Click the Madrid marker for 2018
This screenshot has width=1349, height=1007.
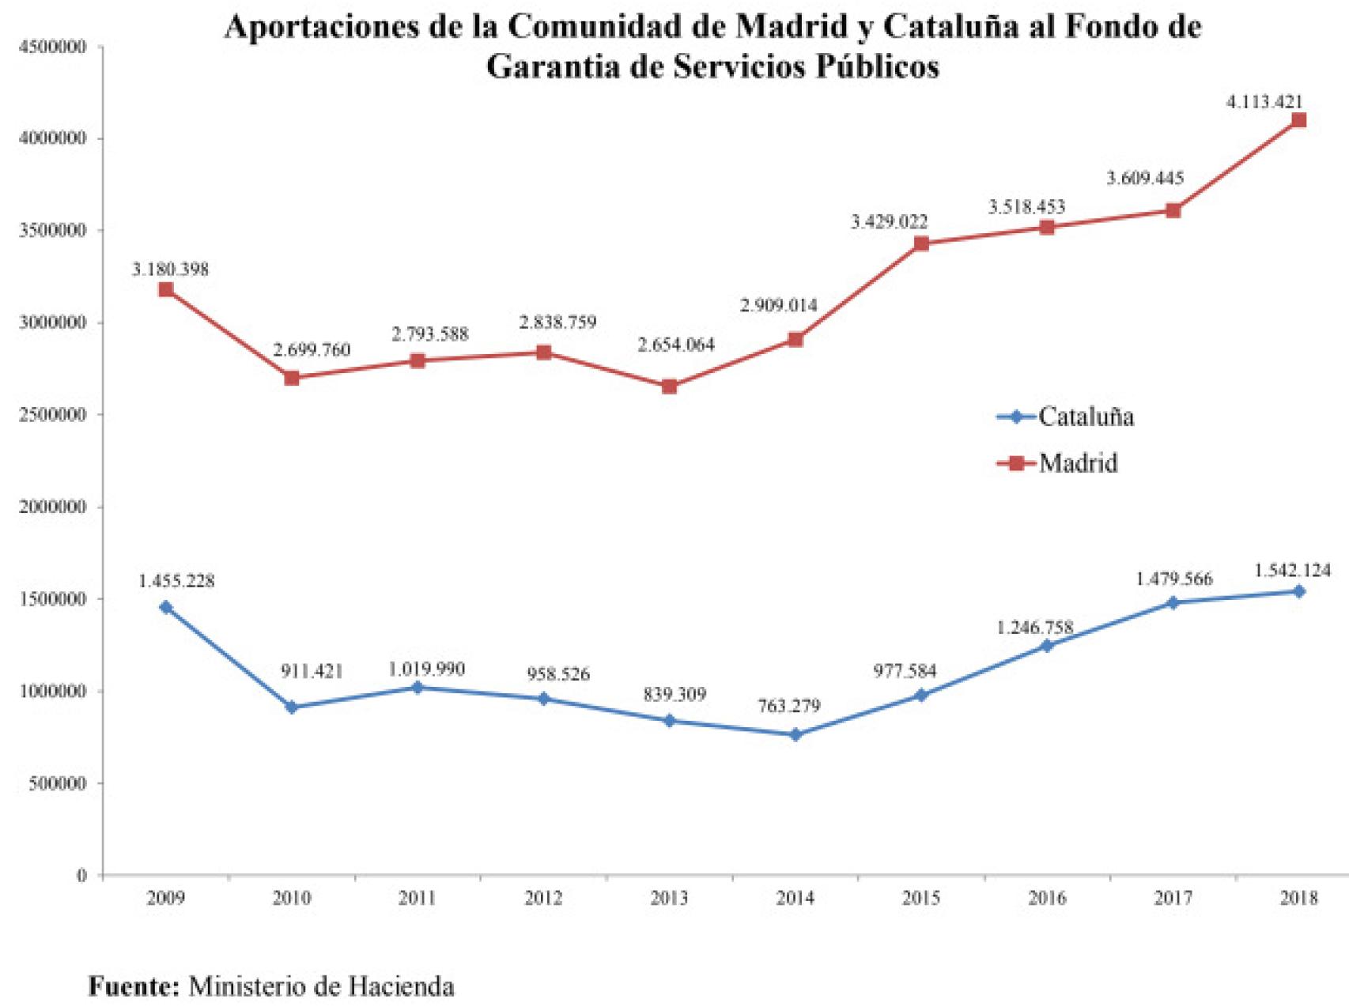pos(1298,120)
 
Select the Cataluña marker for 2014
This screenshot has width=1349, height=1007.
pos(795,735)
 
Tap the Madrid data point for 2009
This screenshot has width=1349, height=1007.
pos(166,290)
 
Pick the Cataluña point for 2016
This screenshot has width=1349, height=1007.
pos(1047,646)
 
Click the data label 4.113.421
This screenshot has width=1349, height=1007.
pos(1264,101)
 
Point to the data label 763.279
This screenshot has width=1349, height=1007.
pos(789,706)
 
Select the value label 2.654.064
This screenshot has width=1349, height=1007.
pos(676,345)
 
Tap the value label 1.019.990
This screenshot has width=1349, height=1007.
pos(427,669)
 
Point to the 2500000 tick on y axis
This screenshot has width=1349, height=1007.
pos(52,415)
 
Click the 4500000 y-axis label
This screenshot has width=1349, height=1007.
pos(52,47)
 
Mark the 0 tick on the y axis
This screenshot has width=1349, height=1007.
pos(81,876)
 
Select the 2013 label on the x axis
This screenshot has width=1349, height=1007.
pos(669,898)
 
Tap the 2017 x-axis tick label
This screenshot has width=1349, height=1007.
pos(1173,898)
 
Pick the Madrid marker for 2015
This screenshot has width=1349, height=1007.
pos(921,243)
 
